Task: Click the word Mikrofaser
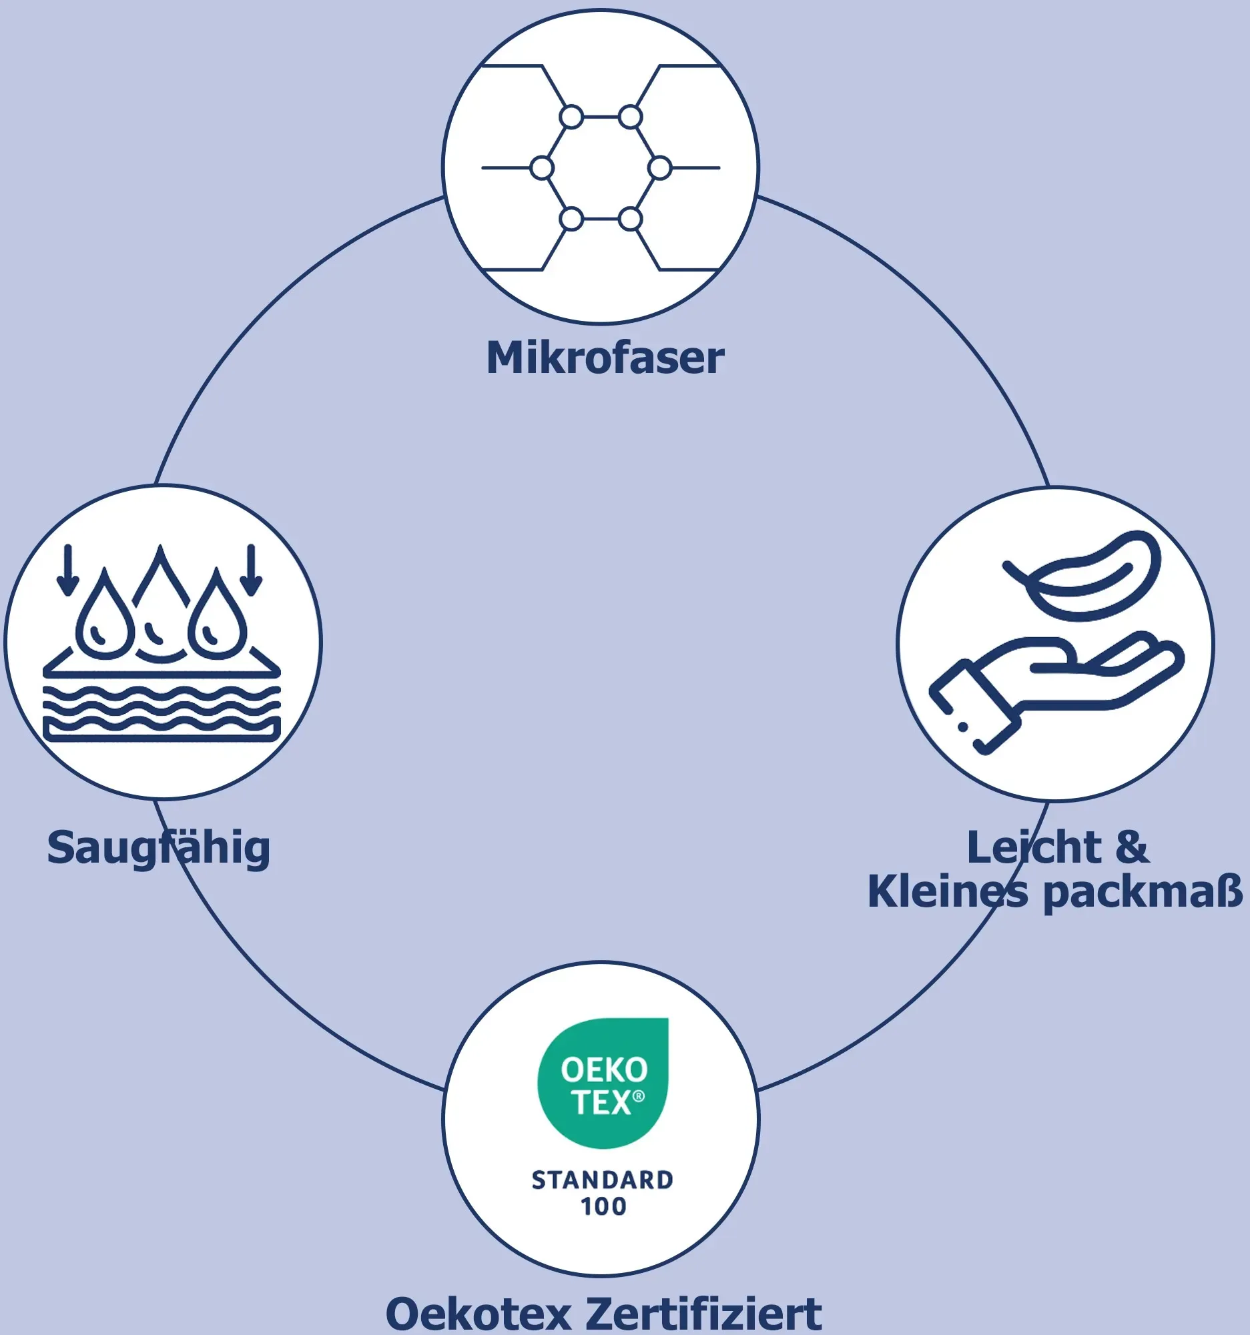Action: tap(605, 358)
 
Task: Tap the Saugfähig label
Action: tap(159, 849)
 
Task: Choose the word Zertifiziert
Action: tap(704, 1314)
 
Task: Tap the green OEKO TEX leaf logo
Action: tap(603, 1083)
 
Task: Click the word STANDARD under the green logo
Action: tap(603, 1180)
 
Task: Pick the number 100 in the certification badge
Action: tap(603, 1207)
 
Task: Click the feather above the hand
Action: tap(1082, 576)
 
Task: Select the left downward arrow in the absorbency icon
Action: tap(67, 570)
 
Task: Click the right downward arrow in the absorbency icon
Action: tap(251, 570)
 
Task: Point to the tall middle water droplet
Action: tap(160, 601)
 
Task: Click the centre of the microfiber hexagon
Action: tap(601, 168)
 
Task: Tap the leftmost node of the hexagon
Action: tap(541, 168)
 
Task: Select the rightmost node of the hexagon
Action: tap(660, 168)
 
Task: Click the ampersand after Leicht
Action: tap(1133, 847)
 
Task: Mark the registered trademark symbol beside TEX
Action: tap(639, 1096)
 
